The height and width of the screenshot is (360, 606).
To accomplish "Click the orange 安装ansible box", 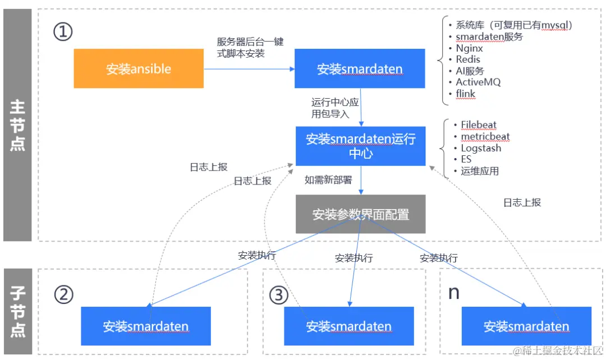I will pos(139,68).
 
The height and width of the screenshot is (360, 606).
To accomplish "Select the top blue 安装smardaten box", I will pos(360,69).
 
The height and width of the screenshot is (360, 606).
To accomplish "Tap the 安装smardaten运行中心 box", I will pos(360,146).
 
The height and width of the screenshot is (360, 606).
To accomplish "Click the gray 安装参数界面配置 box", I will pos(360,214).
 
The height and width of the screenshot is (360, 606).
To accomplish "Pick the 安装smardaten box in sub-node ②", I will pos(145,326).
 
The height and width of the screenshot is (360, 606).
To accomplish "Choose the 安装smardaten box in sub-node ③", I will pos(348,326).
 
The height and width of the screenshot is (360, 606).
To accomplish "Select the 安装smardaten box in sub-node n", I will pos(526,326).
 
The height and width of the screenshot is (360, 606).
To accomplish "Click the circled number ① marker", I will pos(63,32).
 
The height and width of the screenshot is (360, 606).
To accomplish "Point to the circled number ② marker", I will pos(63,294).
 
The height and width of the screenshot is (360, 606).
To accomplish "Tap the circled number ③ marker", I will pos(278,295).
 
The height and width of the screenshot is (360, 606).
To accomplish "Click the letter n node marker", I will pos(453,293).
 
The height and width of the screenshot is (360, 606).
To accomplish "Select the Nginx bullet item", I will pos(469,48).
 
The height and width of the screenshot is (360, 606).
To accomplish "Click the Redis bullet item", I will pos(468,59).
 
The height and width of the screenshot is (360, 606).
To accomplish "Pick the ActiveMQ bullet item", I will pos(478,82).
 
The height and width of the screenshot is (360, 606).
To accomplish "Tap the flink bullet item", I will pos(465,94).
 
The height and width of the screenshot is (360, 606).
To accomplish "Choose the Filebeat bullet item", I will pos(478,125).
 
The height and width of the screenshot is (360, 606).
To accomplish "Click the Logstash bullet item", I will pos(481,148).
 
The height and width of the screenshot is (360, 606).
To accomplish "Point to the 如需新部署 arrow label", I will pos(328,180).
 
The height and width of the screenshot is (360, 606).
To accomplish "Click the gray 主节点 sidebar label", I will pos(17,125).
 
